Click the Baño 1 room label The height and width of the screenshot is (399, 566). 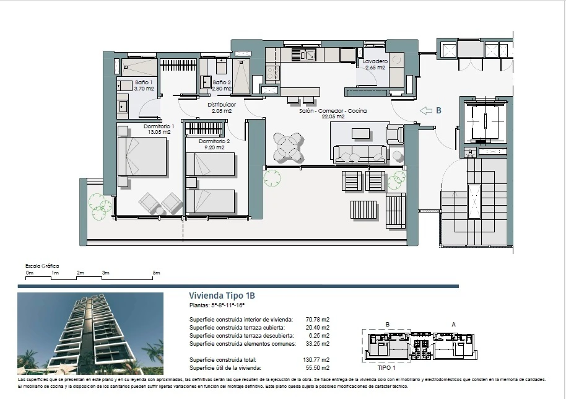(144, 82)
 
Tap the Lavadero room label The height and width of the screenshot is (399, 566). (375, 61)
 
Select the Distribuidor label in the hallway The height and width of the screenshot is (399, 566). (222, 105)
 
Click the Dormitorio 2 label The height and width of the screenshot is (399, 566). (214, 141)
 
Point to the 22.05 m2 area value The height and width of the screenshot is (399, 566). (333, 116)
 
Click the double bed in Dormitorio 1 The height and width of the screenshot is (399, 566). (142, 156)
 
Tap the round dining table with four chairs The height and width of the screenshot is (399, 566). (287, 147)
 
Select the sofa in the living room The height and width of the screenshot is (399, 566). (360, 154)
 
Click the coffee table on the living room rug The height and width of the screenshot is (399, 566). (360, 134)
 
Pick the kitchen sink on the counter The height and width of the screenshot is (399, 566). (304, 55)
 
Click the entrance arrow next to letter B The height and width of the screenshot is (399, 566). (426, 110)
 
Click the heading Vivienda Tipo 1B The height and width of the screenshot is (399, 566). (222, 296)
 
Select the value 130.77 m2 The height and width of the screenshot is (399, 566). (316, 359)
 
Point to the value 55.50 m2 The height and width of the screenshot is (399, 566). (318, 367)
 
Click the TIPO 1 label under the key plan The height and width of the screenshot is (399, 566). (386, 367)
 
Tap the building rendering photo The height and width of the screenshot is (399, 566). (90, 333)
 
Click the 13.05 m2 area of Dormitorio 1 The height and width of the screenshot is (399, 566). (159, 132)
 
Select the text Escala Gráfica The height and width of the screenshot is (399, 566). (42, 266)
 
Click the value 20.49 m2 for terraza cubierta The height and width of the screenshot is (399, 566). (318, 328)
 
